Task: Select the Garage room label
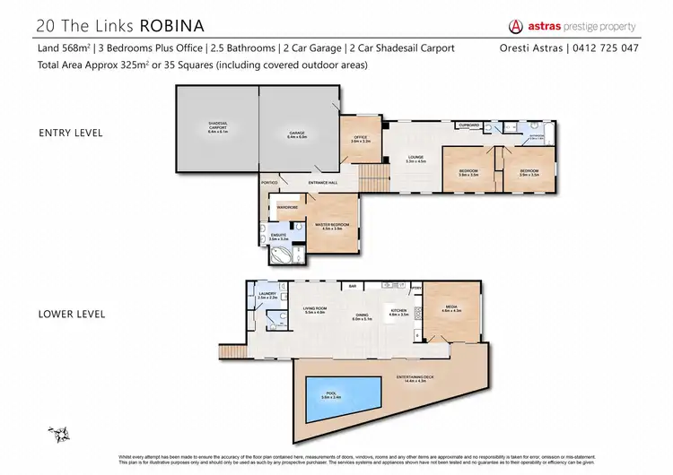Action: click(x=297, y=134)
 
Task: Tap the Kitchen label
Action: click(x=398, y=314)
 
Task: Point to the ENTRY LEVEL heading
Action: click(x=70, y=133)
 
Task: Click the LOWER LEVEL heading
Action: click(x=72, y=314)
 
